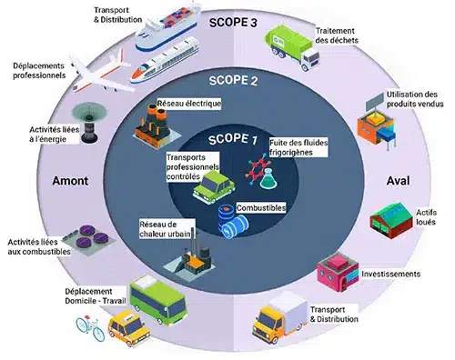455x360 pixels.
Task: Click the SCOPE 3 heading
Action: point(233,23)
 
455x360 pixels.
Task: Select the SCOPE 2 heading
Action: point(233,81)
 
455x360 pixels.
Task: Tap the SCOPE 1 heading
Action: point(233,139)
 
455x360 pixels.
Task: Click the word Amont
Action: point(70,181)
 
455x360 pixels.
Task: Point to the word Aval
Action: point(398,181)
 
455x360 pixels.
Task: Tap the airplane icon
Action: point(102,71)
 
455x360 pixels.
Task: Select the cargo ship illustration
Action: point(167,28)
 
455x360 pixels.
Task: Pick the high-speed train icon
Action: point(165,60)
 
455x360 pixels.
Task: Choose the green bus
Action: point(158,300)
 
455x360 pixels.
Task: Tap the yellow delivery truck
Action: point(279,317)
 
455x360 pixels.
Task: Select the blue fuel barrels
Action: point(233,222)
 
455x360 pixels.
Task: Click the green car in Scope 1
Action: point(214,187)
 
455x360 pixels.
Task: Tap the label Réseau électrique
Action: point(189,104)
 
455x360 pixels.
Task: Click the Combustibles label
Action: point(261,208)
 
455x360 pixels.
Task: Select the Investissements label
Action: point(390,274)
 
